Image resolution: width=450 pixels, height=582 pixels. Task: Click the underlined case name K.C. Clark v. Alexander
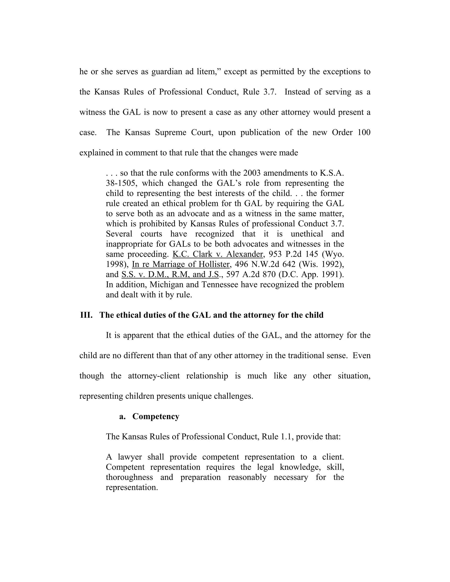point(218,254)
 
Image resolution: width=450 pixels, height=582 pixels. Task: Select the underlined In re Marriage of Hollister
point(181,264)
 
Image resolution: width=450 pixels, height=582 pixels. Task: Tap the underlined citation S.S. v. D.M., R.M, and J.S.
point(170,275)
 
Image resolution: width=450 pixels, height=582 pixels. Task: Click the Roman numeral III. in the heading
point(86,315)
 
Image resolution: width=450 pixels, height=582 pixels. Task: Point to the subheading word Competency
point(156,416)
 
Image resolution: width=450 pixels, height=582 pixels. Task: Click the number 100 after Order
point(364,132)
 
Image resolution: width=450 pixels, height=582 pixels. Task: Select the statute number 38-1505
point(121,183)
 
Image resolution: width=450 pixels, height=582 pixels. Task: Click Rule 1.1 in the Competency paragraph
point(277,437)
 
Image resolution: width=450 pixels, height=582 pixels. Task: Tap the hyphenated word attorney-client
point(154,376)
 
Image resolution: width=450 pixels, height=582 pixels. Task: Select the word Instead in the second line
point(297,92)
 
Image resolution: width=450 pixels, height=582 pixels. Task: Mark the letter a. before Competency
point(122,416)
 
